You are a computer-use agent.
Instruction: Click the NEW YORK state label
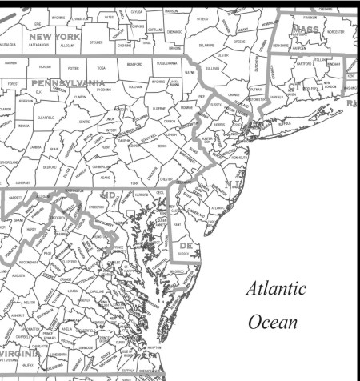coord(54,36)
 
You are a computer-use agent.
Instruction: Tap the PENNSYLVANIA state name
coord(68,82)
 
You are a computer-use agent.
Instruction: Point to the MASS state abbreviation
coord(306,29)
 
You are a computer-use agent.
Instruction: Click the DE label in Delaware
coord(186,245)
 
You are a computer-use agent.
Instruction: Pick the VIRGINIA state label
coord(21,353)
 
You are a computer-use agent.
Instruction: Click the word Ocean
coord(272,323)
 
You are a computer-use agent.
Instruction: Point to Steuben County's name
coord(97,42)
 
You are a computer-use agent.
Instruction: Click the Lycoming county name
coord(104,90)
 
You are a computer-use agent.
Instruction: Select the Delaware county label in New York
coord(206,46)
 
